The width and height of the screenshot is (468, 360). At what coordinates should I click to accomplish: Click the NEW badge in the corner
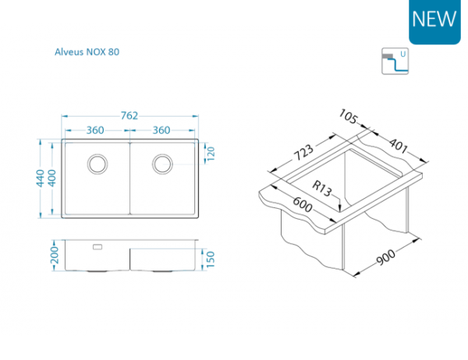[x=434, y=22]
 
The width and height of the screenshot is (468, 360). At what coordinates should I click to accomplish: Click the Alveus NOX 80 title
[x=87, y=52]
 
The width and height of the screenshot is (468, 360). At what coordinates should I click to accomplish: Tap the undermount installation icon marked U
[x=395, y=61]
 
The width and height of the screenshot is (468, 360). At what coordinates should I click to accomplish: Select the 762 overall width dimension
[x=129, y=116]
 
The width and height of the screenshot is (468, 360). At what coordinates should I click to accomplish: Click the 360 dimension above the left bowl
[x=95, y=130]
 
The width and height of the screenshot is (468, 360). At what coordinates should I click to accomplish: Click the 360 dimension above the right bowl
[x=161, y=130]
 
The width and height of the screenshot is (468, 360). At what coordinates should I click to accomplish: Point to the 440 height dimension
[x=41, y=178]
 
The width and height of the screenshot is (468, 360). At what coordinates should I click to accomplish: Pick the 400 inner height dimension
[x=52, y=178]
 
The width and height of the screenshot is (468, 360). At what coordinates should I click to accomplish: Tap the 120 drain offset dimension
[x=211, y=154]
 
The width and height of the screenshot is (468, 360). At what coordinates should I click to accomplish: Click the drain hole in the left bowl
[x=97, y=164]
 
